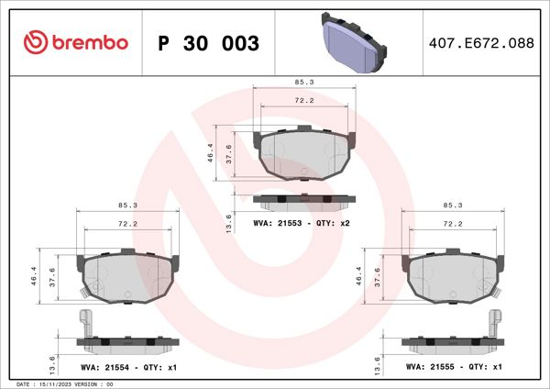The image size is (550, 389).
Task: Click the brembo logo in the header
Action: coord(75,42)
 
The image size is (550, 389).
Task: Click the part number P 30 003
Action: coord(209,43)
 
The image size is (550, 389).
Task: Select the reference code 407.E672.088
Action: coord(481,43)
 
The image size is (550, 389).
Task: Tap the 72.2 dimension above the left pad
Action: coord(128,224)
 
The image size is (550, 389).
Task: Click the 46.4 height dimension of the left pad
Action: coord(35,275)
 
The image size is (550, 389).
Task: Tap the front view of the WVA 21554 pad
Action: coord(126,279)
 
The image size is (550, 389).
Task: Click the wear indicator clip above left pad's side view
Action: coord(87,323)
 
